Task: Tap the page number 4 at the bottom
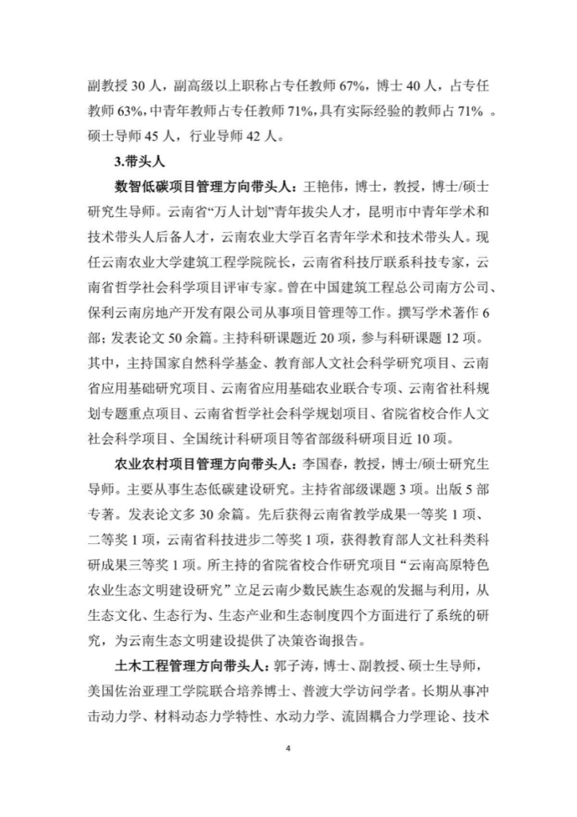[288, 748]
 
